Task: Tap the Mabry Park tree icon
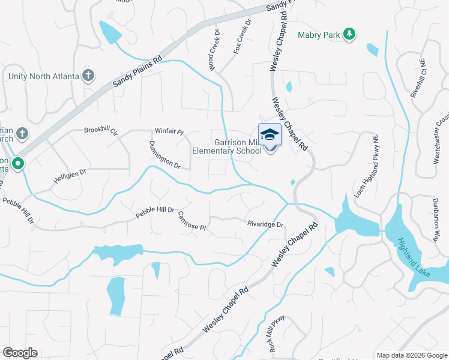349,35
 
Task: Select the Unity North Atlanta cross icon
88,76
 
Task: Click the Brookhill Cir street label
101,130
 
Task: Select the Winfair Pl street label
169,131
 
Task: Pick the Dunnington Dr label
164,154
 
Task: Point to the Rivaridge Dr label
265,224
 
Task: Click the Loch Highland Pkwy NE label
366,157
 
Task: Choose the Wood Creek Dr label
214,51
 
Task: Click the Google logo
20,353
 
